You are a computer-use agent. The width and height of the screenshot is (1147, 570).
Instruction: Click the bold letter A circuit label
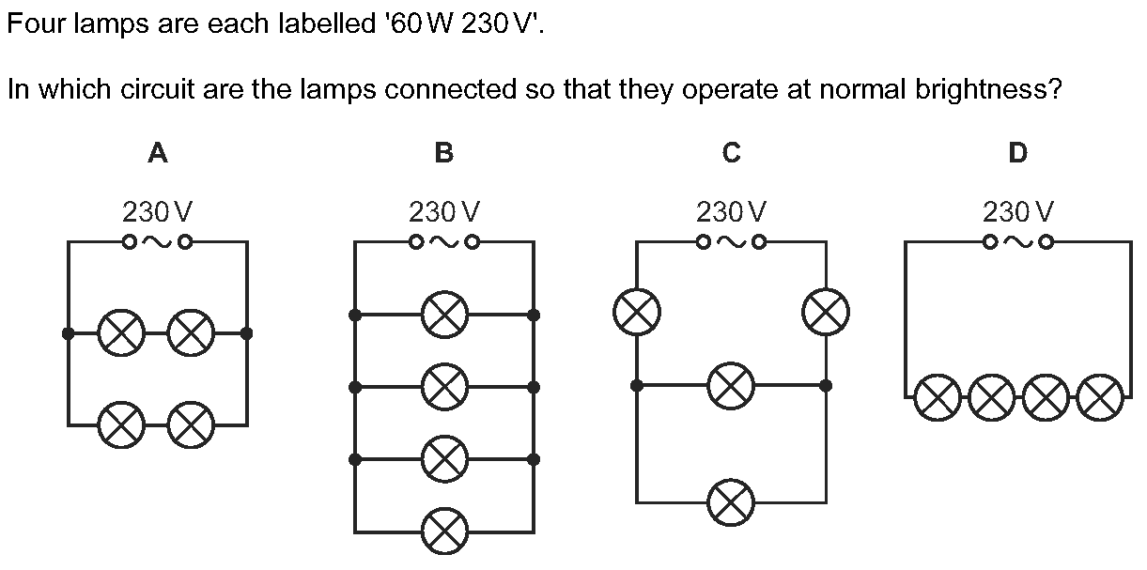[x=158, y=153]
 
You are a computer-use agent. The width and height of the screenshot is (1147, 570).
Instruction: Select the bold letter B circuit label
[x=444, y=153]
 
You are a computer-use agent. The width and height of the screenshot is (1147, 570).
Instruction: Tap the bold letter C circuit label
[x=732, y=153]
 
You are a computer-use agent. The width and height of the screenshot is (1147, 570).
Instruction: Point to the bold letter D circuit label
[x=1017, y=153]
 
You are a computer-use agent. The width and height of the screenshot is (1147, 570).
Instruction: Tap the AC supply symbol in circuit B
[x=444, y=242]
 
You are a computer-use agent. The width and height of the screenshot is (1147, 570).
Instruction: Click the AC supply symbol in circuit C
[x=732, y=242]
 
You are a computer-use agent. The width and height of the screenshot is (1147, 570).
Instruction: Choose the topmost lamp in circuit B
[x=443, y=314]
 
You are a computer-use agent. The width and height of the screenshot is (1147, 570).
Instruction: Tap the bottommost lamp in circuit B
[x=443, y=531]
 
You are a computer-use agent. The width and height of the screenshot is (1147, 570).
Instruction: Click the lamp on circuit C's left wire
[x=636, y=311]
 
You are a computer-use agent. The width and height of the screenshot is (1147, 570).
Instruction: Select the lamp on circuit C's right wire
[x=827, y=311]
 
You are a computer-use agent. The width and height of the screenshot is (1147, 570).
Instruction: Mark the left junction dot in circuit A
[x=68, y=332]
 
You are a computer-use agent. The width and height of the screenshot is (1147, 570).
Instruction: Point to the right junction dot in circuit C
[x=827, y=385]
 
